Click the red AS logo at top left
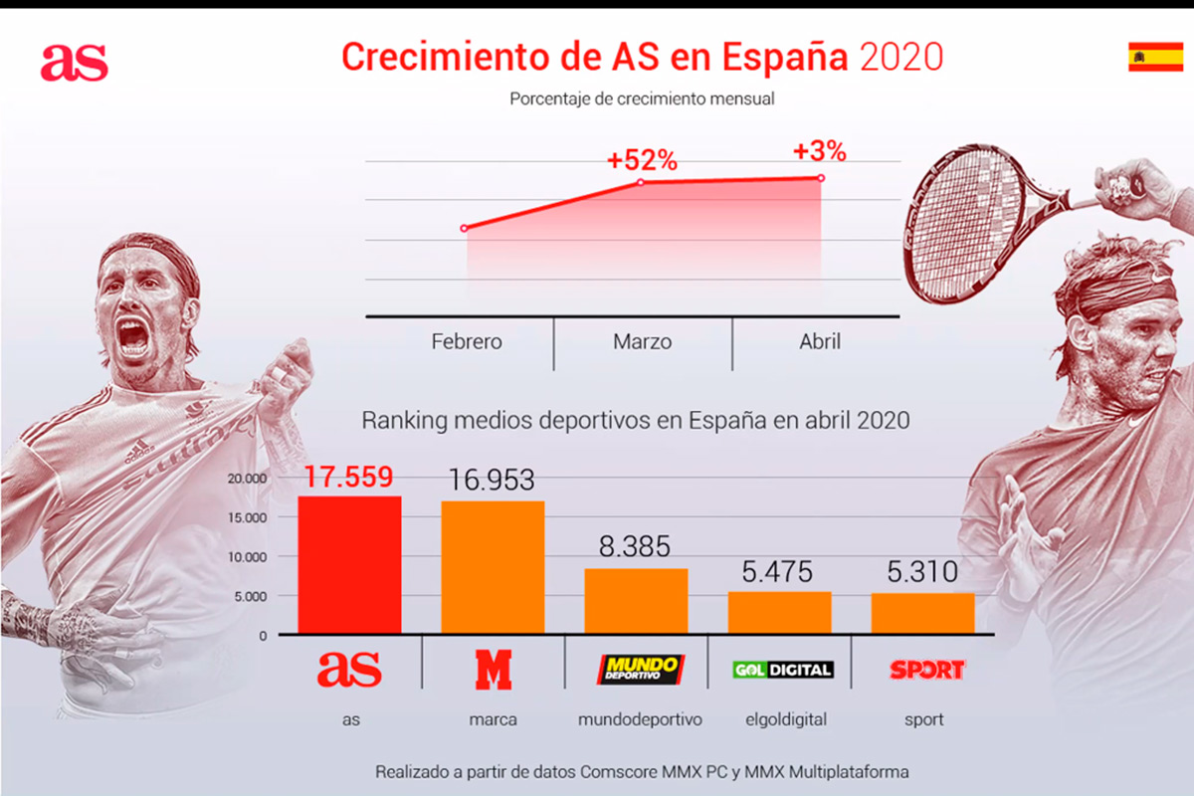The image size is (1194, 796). coord(74,63)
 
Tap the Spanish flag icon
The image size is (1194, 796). coord(1155,57)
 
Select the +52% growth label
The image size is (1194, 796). coord(642,160)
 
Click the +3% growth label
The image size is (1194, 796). coord(819,152)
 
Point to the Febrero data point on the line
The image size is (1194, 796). coord(465,229)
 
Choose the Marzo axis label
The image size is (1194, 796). coord(642,341)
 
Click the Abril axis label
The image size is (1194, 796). coord(819,341)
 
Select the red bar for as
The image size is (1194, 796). coord(349,564)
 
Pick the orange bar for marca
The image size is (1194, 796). coord(493,567)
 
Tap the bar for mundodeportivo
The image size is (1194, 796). coord(636,601)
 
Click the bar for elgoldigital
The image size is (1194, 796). coord(779,613)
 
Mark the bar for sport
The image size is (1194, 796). coord(922,613)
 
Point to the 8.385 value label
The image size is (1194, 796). coord(636,546)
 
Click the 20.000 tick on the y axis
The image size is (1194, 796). coord(248,479)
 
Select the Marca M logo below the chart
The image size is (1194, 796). coord(493,670)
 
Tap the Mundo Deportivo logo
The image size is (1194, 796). coord(640,669)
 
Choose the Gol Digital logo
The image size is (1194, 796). coord(782,670)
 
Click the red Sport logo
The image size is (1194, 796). coord(926,670)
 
